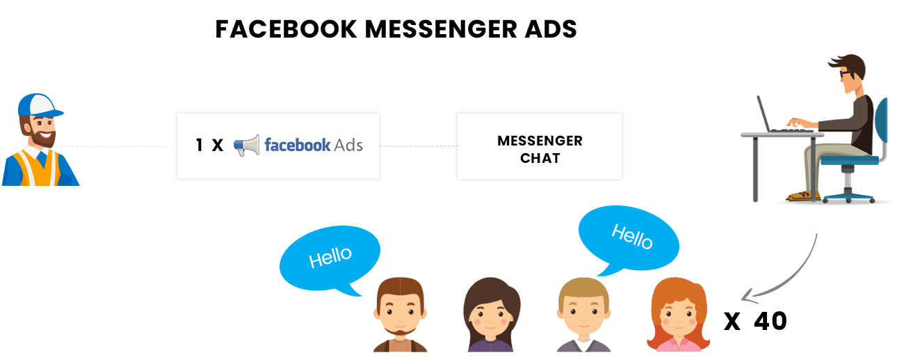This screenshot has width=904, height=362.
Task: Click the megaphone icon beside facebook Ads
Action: click(x=247, y=145)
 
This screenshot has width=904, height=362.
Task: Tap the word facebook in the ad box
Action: click(x=297, y=145)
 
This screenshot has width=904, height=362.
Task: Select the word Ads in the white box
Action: click(x=348, y=145)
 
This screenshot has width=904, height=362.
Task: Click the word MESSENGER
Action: click(x=540, y=141)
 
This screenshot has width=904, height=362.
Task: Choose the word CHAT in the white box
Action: click(x=540, y=159)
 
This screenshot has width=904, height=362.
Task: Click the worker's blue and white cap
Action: click(x=40, y=105)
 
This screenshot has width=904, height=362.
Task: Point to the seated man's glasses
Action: click(x=844, y=73)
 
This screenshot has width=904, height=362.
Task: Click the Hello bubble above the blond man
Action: click(x=628, y=237)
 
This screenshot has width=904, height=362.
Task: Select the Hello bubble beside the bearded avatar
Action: click(x=330, y=257)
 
